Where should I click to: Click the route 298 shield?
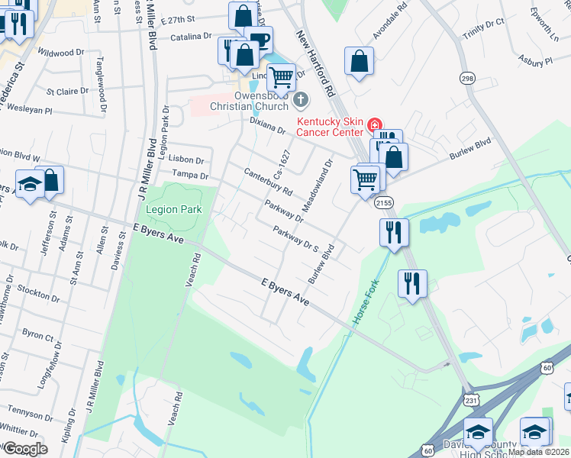pyautogui.click(x=467, y=78)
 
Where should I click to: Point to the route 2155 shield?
pyautogui.click(x=383, y=202)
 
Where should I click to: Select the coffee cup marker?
pyautogui.click(x=258, y=40)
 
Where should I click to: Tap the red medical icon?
pyautogui.click(x=374, y=124)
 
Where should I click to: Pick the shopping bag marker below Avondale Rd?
pyautogui.click(x=359, y=61)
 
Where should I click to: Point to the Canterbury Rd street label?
pyautogui.click(x=268, y=180)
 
